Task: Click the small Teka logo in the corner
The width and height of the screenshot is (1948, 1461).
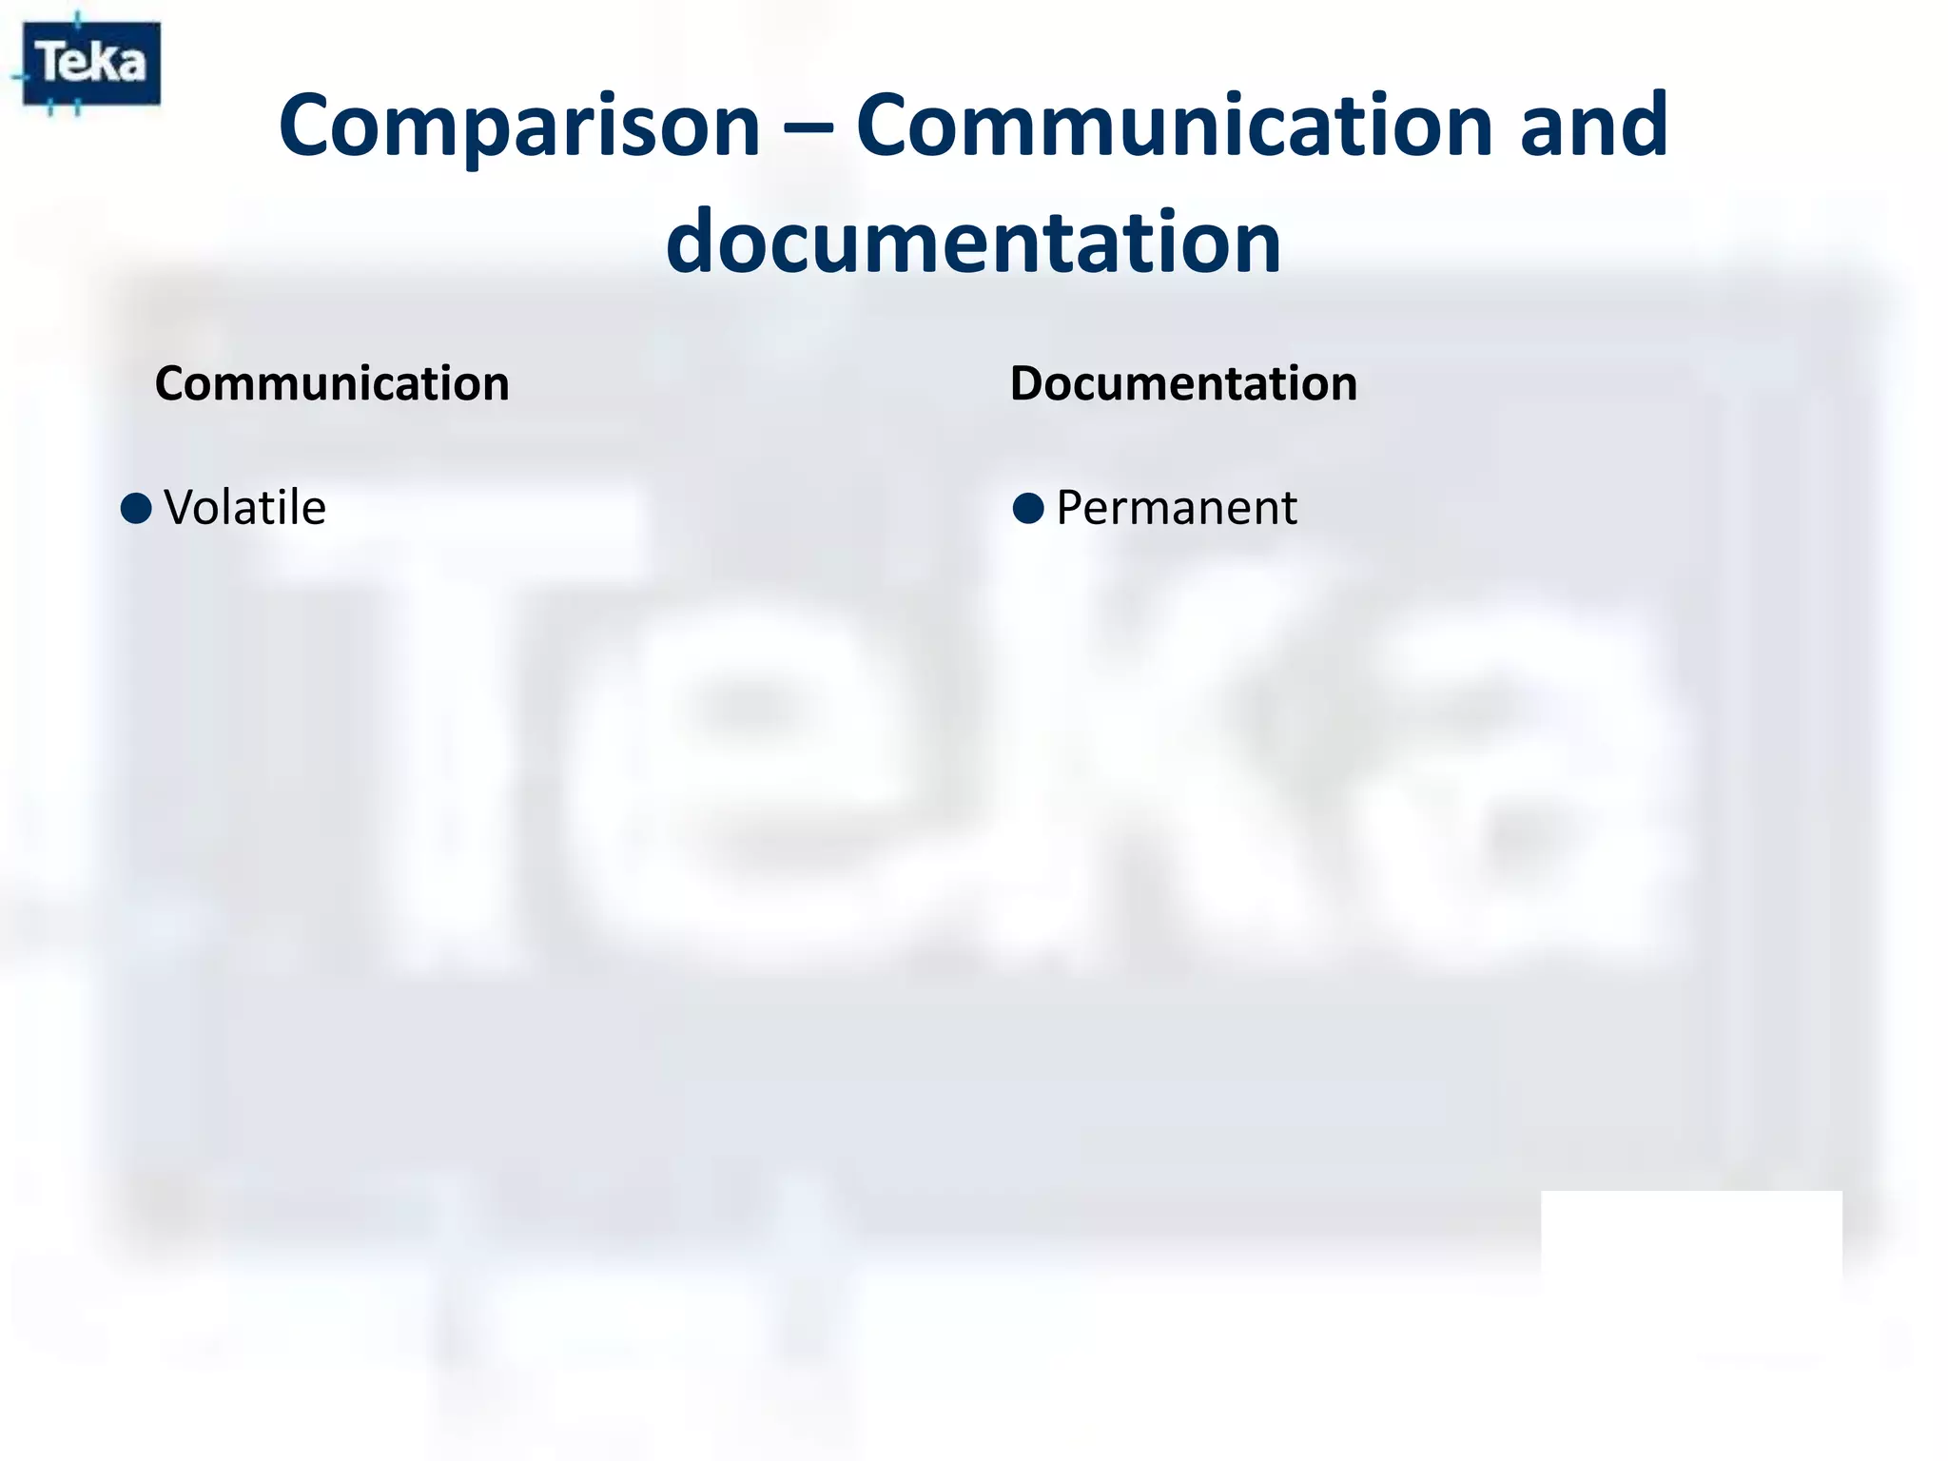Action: (x=91, y=63)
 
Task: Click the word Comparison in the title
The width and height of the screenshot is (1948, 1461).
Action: (x=518, y=126)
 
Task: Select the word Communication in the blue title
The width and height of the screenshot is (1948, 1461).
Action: (x=1174, y=126)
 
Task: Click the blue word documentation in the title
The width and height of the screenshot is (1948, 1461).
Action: (x=973, y=242)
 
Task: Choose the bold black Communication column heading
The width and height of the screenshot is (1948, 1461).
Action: (x=332, y=384)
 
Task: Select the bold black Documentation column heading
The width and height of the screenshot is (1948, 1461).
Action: (x=1183, y=384)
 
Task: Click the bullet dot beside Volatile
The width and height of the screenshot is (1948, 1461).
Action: (x=137, y=508)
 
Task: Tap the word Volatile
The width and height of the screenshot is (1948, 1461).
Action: (x=244, y=508)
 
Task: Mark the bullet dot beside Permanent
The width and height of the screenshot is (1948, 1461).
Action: (x=1028, y=508)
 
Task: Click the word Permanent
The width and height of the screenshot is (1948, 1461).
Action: (x=1177, y=508)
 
